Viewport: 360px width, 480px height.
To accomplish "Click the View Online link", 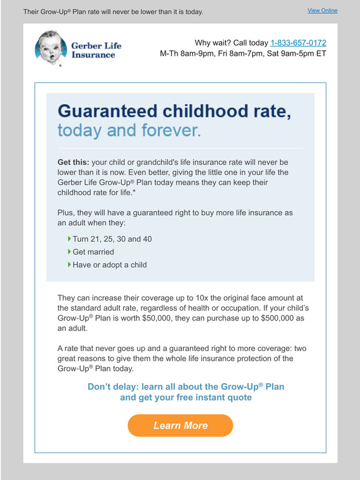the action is [x=322, y=11].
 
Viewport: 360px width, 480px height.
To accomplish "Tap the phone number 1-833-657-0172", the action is [x=298, y=43].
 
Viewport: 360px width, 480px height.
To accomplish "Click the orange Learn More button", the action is [x=181, y=425].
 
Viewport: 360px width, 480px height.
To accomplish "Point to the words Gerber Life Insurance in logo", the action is [x=96, y=50].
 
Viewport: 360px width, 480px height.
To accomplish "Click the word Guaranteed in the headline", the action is [x=107, y=112].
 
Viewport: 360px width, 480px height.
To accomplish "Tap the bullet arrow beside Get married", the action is [x=69, y=252].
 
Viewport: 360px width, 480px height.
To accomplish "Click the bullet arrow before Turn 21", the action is [x=69, y=239].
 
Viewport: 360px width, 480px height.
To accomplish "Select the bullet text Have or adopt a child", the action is [x=110, y=265].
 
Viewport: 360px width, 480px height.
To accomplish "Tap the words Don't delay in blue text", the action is [x=112, y=386].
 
